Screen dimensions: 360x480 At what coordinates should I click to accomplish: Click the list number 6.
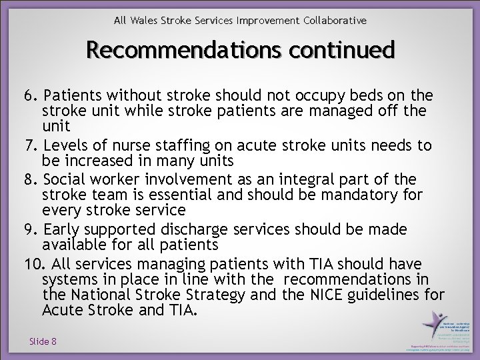click(x=29, y=95)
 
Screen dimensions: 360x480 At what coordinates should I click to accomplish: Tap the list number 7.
click(x=29, y=145)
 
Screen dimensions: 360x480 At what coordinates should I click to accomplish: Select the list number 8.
click(x=29, y=180)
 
